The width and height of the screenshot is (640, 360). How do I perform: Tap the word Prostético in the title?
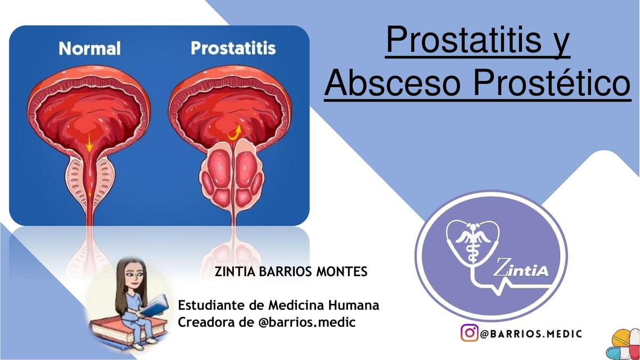(x=551, y=83)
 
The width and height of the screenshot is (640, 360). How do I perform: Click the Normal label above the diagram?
(x=89, y=49)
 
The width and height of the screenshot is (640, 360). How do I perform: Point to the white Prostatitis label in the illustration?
(x=233, y=48)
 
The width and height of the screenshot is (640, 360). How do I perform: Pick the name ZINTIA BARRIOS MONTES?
(x=291, y=272)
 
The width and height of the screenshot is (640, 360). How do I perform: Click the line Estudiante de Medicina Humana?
(x=278, y=305)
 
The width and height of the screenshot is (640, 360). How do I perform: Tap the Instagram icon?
(x=470, y=333)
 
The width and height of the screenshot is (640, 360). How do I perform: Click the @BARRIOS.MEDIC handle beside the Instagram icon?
(x=531, y=334)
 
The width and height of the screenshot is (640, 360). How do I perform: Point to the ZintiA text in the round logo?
(x=520, y=269)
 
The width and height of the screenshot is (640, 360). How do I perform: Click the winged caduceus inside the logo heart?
(x=472, y=239)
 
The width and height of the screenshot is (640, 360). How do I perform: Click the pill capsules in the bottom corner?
(x=625, y=344)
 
